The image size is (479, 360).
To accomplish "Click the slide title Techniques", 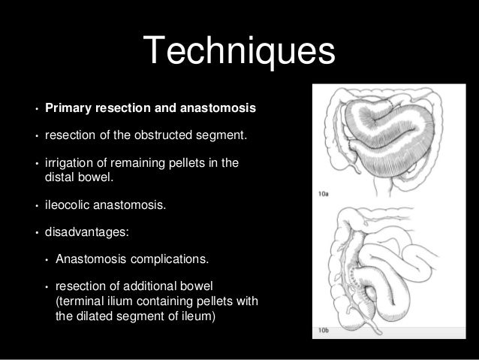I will [x=239, y=51].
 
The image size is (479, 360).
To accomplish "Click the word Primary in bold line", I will [x=67, y=109].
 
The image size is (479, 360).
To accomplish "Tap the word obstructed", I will [x=163, y=138].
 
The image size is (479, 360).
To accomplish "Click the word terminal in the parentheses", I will [x=80, y=302].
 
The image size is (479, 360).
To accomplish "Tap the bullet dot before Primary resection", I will [x=35, y=110].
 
